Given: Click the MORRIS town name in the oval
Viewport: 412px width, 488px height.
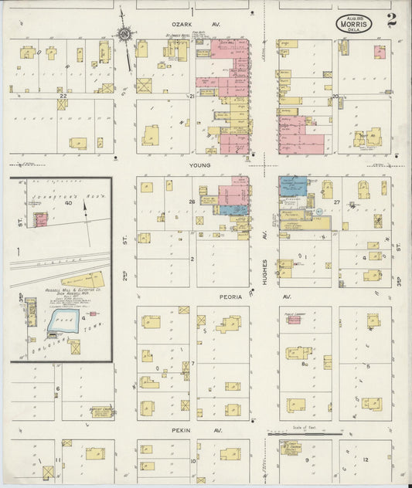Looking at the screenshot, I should click(x=353, y=23).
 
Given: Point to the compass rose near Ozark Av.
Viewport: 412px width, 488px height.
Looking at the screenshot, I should click(x=124, y=33).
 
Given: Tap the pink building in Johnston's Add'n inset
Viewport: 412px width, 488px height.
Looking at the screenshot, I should click(x=40, y=219).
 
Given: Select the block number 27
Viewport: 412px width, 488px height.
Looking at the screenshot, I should click(x=337, y=202).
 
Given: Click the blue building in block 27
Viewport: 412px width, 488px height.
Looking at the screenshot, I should click(x=292, y=185).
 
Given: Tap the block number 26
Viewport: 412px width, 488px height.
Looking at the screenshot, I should click(x=192, y=202).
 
